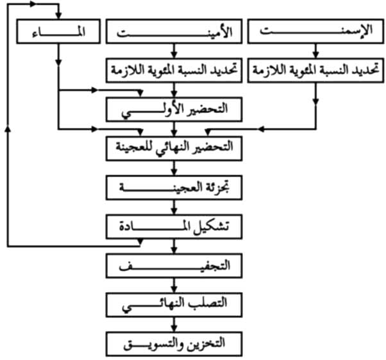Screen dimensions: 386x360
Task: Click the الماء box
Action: click(x=58, y=31)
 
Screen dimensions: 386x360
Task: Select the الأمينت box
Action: click(x=174, y=31)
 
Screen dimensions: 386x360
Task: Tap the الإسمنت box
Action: click(x=315, y=31)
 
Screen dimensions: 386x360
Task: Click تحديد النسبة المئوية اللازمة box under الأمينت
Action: click(x=174, y=70)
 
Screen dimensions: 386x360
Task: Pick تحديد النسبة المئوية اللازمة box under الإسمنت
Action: click(x=315, y=70)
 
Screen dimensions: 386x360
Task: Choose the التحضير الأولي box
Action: click(x=174, y=110)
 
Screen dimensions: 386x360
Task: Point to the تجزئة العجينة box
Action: click(x=174, y=188)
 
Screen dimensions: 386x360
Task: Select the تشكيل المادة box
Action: click(x=174, y=227)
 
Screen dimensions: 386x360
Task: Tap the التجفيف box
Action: click(x=174, y=266)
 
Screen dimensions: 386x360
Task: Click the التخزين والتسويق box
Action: click(x=174, y=344)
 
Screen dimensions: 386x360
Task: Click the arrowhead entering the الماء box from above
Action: click(x=58, y=15)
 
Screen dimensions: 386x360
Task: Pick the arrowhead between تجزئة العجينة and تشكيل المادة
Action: click(x=174, y=211)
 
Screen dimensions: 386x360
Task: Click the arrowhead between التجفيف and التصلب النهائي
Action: click(x=174, y=290)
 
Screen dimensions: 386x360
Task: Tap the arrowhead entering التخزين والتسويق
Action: click(x=174, y=329)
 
